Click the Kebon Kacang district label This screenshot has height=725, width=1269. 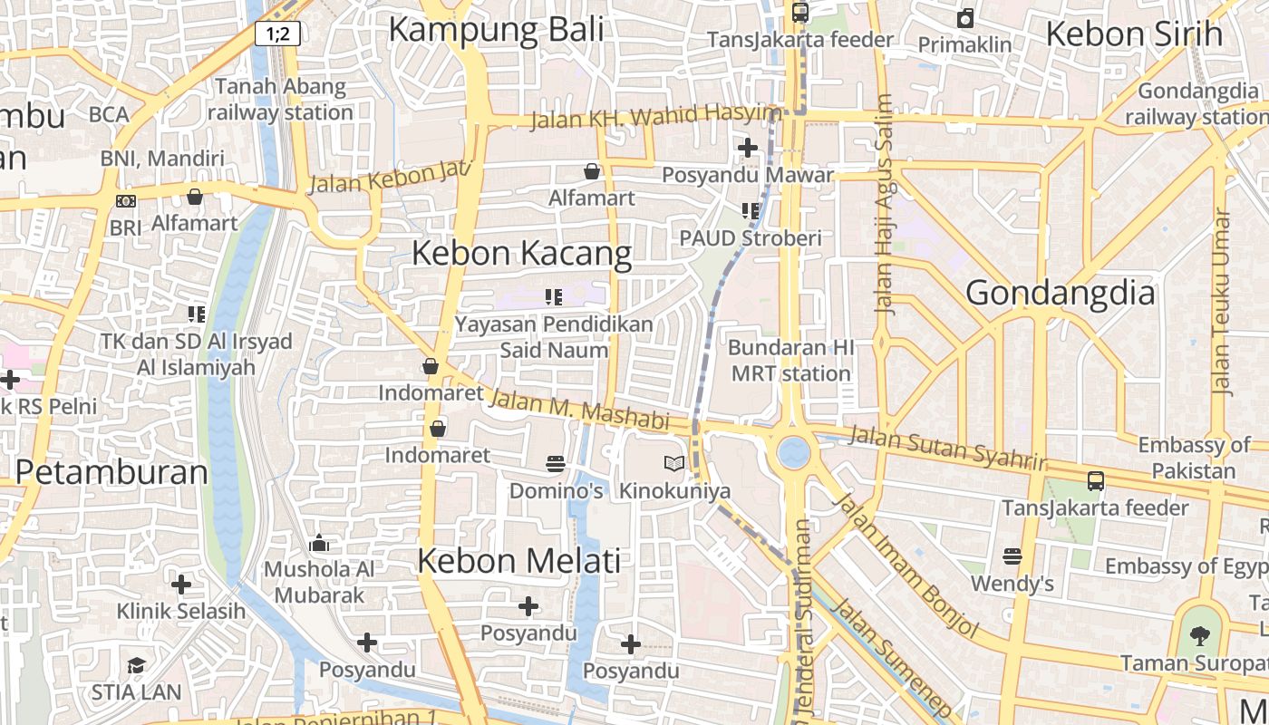coord(521,253)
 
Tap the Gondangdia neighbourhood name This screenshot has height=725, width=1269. coord(1060,293)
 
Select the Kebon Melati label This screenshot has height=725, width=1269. coord(518,560)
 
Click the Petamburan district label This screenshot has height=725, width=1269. coord(111,472)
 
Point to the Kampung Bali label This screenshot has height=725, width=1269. coord(496,29)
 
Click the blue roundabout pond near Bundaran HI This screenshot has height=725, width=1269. coord(793,452)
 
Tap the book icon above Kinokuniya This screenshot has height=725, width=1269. coord(673,464)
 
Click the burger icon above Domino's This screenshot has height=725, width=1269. coord(556,464)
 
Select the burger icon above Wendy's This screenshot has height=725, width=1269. coord(1012,556)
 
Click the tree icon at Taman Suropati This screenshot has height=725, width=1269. coord(1200,635)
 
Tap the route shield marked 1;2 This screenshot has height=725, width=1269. coord(277,34)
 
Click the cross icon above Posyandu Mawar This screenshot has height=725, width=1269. coord(748,147)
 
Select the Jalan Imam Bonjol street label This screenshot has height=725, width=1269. coord(906,565)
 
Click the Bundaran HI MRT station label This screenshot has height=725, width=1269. coord(790,360)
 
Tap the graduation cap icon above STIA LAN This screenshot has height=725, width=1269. coord(136,665)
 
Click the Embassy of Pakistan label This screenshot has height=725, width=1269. coord(1193,458)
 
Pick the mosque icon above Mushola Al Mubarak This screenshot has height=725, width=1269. coord(319,544)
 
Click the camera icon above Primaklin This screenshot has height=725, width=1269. coord(965,18)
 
